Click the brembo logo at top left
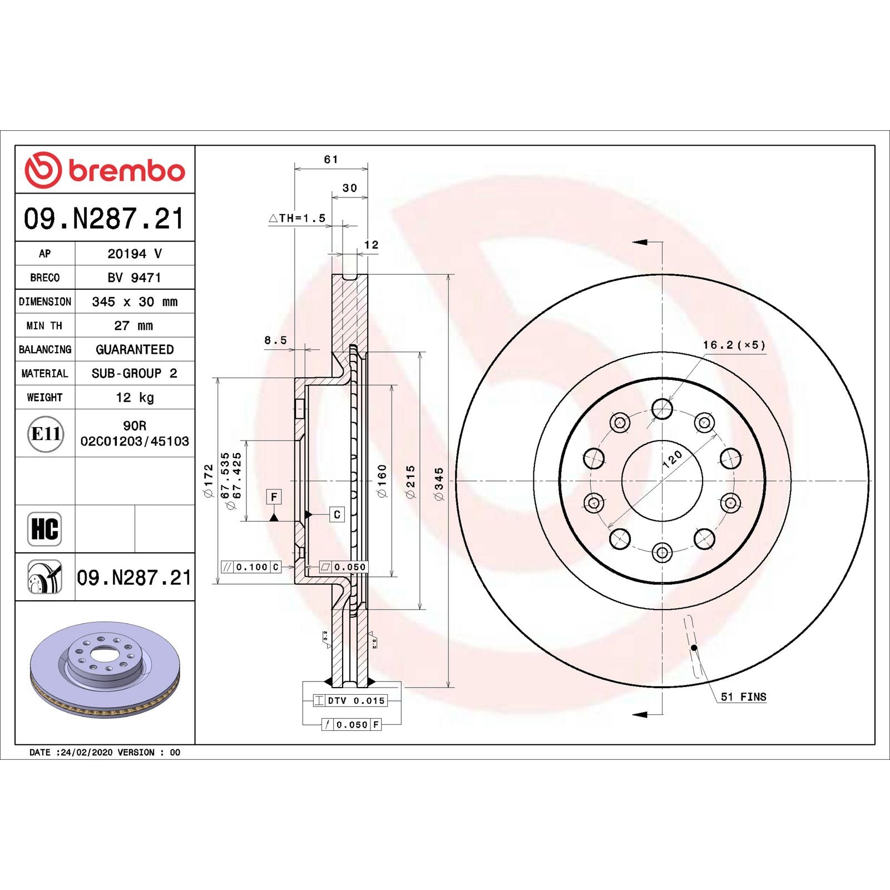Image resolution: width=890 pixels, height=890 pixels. [x=105, y=170]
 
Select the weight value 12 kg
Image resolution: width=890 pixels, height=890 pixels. [x=135, y=397]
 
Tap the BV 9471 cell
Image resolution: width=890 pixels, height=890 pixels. [x=134, y=277]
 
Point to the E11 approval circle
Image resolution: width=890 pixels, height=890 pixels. [x=45, y=434]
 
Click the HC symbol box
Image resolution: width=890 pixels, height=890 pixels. [x=44, y=529]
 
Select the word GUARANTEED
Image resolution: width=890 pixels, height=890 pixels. [x=135, y=349]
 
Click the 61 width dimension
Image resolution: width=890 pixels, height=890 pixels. [x=331, y=160]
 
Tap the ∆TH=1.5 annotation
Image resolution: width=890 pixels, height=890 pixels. [x=297, y=218]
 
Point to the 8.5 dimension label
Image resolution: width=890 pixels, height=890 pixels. [x=275, y=340]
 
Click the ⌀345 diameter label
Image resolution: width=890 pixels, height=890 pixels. [x=439, y=483]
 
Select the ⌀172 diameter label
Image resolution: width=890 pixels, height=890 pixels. [x=209, y=481]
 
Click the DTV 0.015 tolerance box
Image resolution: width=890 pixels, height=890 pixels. [x=350, y=700]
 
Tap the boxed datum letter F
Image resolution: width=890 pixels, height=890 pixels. [x=274, y=496]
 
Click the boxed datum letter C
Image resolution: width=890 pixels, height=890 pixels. [x=337, y=515]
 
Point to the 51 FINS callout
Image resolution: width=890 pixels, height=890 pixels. [x=743, y=697]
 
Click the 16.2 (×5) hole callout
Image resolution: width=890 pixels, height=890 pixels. [x=734, y=345]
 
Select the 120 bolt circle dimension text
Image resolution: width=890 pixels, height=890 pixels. [x=672, y=459]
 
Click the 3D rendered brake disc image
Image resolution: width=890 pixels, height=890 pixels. [x=105, y=669]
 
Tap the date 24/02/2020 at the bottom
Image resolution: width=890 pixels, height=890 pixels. [x=86, y=752]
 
